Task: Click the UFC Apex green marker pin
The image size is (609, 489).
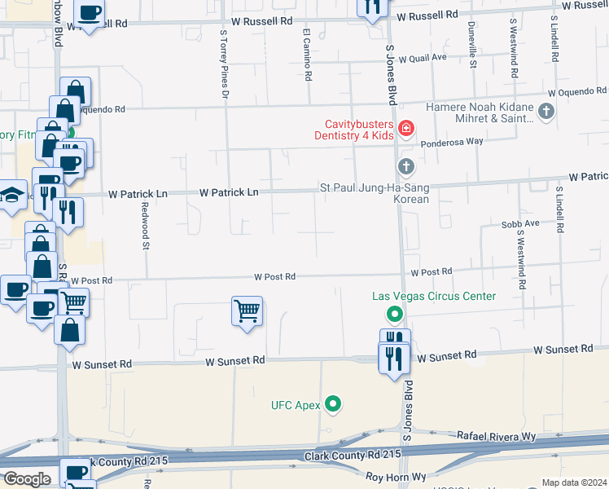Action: click(332, 403)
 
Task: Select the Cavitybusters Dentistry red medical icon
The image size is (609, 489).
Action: click(405, 129)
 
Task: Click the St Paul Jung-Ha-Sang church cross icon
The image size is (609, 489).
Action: click(405, 167)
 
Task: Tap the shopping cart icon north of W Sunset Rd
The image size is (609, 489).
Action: click(247, 311)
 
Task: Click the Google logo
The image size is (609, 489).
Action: click(27, 479)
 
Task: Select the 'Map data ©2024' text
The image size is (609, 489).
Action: click(574, 482)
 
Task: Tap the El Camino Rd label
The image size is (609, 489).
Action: click(308, 55)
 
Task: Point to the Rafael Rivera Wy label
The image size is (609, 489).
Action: click(497, 437)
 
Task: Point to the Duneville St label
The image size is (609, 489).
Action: click(471, 45)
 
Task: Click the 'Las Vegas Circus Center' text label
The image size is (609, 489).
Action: click(433, 296)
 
